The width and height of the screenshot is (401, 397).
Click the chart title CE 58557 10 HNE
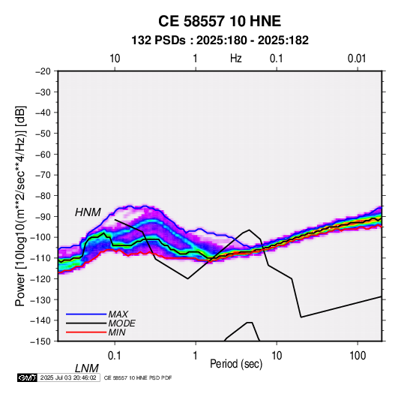click(220, 21)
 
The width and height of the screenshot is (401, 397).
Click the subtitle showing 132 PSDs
click(220, 41)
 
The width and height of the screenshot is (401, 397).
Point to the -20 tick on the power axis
click(43, 71)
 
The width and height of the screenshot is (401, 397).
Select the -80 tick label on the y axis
click(43, 196)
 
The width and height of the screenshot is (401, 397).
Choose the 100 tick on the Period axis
click(358, 356)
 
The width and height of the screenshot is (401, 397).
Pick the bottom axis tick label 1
click(196, 356)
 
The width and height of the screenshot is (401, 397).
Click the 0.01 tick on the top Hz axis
click(357, 59)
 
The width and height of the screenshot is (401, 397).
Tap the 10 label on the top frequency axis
click(115, 59)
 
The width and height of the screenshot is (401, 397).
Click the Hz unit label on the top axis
click(236, 59)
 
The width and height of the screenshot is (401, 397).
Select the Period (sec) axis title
click(236, 364)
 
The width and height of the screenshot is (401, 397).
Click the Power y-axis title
click(20, 206)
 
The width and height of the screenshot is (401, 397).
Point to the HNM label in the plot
click(88, 212)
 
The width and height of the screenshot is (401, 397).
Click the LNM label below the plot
click(87, 368)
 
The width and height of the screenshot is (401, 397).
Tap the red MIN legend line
click(86, 332)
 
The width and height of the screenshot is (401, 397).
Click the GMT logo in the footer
click(28, 377)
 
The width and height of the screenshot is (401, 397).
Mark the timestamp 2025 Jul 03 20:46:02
click(68, 377)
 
